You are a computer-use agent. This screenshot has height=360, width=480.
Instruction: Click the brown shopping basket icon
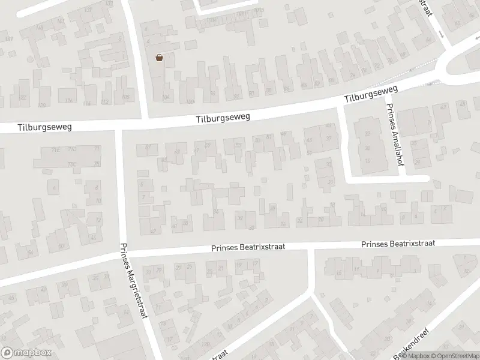(160, 58)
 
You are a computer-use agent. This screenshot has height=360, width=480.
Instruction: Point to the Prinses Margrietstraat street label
(133, 282)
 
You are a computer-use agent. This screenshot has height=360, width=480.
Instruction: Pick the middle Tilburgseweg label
(223, 118)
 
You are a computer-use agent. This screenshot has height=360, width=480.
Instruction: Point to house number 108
(125, 96)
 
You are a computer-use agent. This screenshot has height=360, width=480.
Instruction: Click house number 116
(69, 100)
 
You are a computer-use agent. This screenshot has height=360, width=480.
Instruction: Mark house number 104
(166, 97)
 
